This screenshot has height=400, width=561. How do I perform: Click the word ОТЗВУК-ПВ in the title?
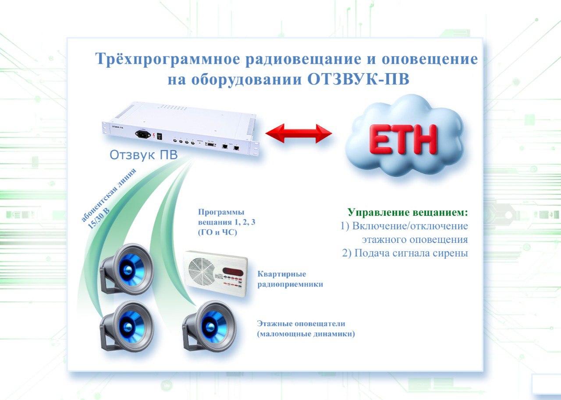[x=358, y=80]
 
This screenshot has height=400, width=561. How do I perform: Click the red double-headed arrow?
[x=298, y=133]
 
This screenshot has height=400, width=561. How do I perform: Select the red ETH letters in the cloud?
[x=403, y=139]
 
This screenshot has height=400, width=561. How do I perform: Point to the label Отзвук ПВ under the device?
[x=143, y=155]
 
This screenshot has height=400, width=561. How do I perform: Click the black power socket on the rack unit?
[x=143, y=134]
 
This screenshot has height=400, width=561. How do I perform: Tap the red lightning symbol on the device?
[x=153, y=136]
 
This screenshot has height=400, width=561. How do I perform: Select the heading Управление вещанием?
[x=408, y=213]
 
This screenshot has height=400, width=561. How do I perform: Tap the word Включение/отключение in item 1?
[x=410, y=226]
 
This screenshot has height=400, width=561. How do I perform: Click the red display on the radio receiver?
[x=233, y=271]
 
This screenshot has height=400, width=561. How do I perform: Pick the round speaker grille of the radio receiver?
[x=201, y=271]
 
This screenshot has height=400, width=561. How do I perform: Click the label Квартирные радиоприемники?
[x=290, y=279]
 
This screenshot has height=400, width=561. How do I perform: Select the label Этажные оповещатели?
[x=301, y=323]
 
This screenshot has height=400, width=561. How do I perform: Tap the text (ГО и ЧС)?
[x=217, y=232]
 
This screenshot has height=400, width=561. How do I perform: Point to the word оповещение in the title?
[x=430, y=60]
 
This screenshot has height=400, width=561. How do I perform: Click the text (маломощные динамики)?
[x=306, y=334]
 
